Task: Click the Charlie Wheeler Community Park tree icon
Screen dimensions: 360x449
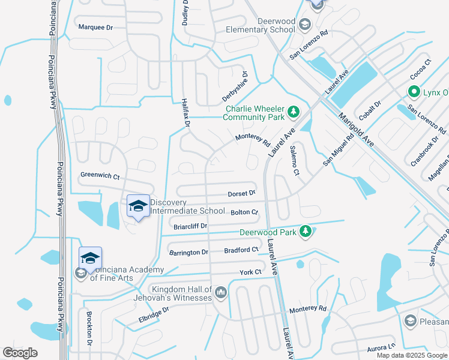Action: [x=294, y=111]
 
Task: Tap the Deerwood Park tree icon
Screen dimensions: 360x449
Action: [x=306, y=232]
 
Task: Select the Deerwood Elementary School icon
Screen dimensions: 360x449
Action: [x=304, y=25]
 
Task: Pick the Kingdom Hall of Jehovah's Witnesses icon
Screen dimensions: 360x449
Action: [x=220, y=292]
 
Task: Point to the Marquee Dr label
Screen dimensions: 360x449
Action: [x=96, y=28]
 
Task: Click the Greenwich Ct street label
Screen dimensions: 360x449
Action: [x=100, y=176]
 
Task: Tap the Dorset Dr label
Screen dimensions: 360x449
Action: [x=242, y=194]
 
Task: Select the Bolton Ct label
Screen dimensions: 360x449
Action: [x=244, y=212]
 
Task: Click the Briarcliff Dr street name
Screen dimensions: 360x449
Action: [x=190, y=226]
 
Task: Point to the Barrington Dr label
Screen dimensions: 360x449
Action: [x=188, y=253]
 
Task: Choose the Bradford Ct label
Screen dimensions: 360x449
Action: [x=241, y=250]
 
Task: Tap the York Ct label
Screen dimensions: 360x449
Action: [x=251, y=272]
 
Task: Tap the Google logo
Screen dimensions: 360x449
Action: [x=20, y=353]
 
